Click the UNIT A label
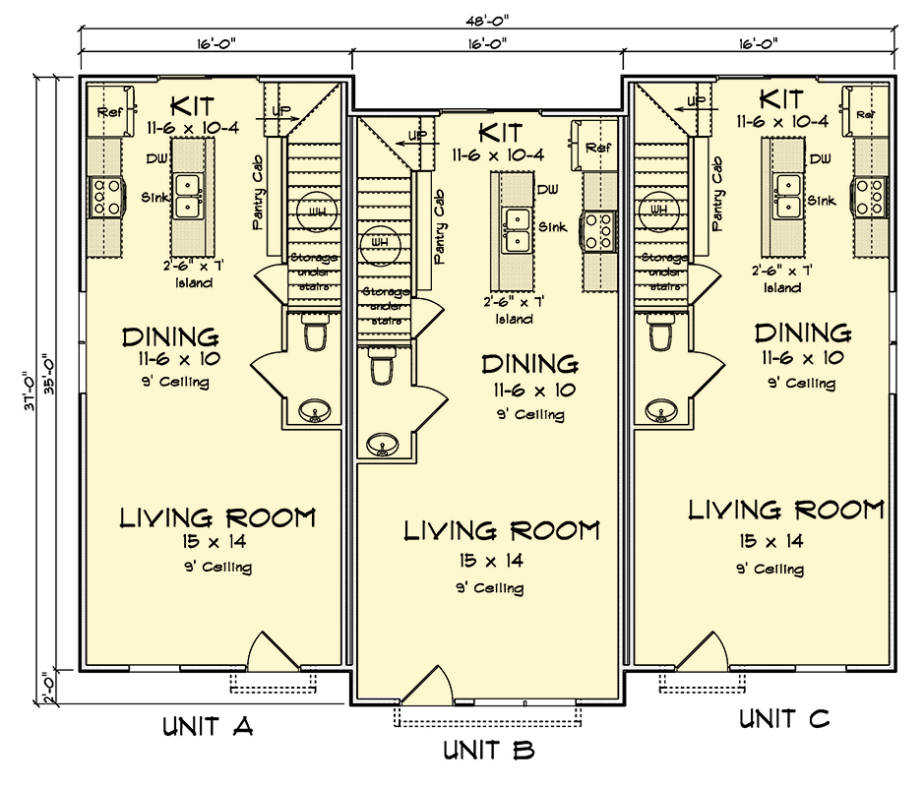pyautogui.click(x=208, y=727)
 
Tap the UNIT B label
pyautogui.click(x=489, y=751)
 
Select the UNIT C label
pyautogui.click(x=784, y=719)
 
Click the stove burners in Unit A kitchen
pyautogui.click(x=104, y=197)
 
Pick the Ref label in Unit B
pyautogui.click(x=598, y=148)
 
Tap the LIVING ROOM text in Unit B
pyautogui.click(x=502, y=531)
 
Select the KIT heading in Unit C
pyautogui.click(x=782, y=98)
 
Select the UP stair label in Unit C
pyautogui.click(x=696, y=101)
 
